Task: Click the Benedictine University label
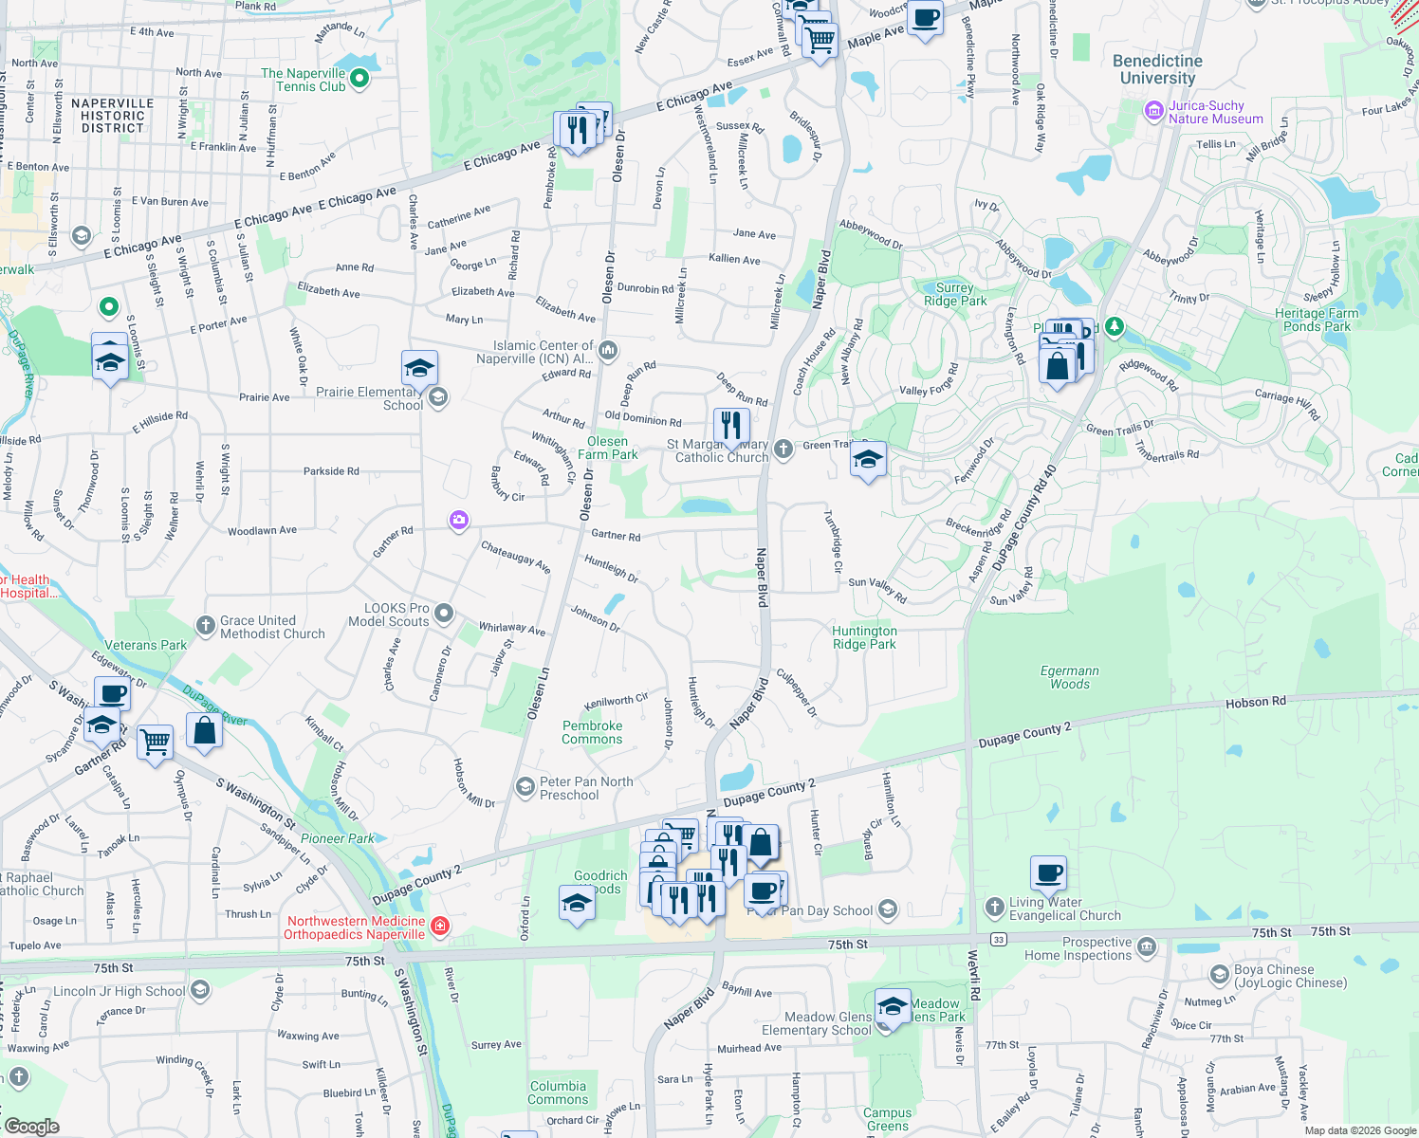click(x=1157, y=69)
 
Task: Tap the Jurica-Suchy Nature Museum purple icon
click(x=1154, y=112)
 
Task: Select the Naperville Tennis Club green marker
click(x=359, y=80)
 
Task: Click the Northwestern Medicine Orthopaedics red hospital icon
click(x=439, y=927)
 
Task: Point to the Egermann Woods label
click(x=1069, y=677)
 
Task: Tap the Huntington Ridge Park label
click(x=864, y=637)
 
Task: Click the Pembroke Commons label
click(x=592, y=732)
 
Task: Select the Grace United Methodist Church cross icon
click(x=205, y=625)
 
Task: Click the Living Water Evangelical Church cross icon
click(x=994, y=908)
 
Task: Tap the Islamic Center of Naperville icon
click(x=608, y=352)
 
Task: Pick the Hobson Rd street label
click(x=1255, y=702)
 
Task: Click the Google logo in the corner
click(x=31, y=1126)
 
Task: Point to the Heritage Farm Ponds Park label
click(x=1317, y=320)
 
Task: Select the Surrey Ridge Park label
click(x=955, y=294)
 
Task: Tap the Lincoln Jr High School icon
click(x=200, y=991)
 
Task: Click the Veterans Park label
click(x=146, y=645)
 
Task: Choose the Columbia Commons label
click(x=558, y=1092)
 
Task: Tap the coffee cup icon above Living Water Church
click(x=1048, y=873)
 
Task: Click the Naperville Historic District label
click(x=112, y=116)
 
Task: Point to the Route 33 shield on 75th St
click(x=998, y=939)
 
